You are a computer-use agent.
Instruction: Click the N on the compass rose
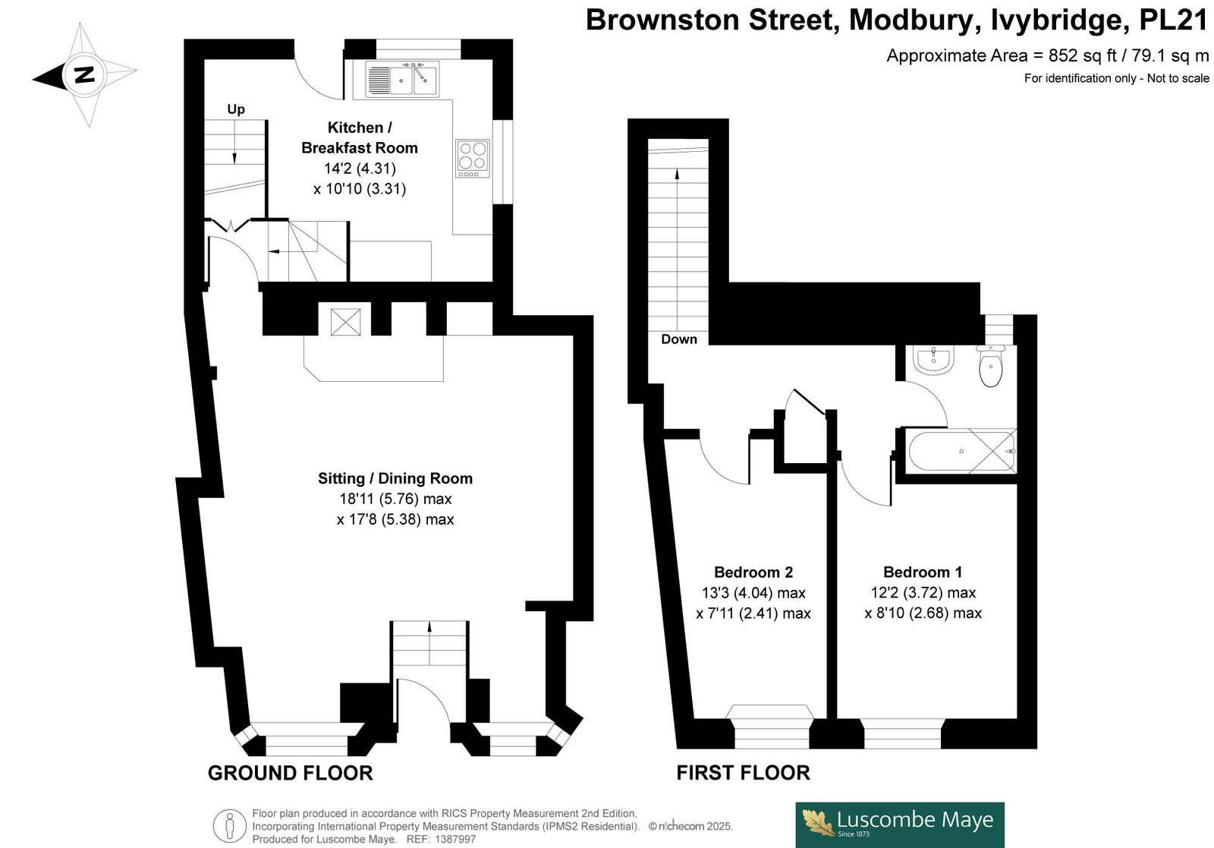point(84,74)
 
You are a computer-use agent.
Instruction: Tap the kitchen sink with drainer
point(402,79)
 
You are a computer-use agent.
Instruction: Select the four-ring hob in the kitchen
point(473,159)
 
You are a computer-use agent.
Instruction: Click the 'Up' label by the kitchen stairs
point(236,109)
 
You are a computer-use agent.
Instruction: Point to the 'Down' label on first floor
point(679,339)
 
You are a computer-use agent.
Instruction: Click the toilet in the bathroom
point(991,367)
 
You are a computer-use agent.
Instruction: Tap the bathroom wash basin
point(933,360)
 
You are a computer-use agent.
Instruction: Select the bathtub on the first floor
point(961,451)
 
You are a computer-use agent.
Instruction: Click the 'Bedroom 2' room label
point(753,572)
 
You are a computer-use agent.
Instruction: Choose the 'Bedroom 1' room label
point(923,572)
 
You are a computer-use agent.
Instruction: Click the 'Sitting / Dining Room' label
point(395,478)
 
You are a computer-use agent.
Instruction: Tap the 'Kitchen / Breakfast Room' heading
point(360,137)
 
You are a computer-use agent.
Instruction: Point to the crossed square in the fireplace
point(345,322)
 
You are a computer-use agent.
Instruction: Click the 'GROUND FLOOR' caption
point(291,773)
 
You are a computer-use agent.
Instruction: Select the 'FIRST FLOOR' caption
point(743,773)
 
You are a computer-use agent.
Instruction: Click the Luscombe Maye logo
point(900,824)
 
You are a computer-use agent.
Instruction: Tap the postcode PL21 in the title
point(1174,20)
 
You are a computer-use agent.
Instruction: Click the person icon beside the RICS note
point(230,826)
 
